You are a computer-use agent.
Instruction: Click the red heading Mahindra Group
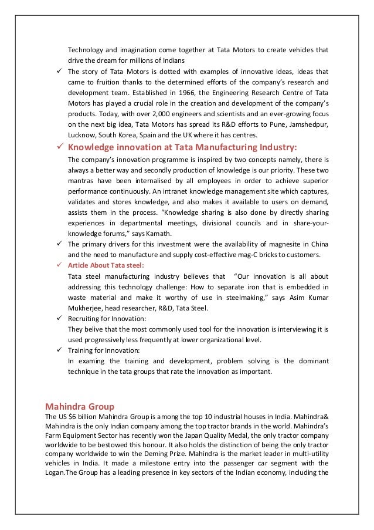[80, 406]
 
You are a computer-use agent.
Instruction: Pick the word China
[318, 244]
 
